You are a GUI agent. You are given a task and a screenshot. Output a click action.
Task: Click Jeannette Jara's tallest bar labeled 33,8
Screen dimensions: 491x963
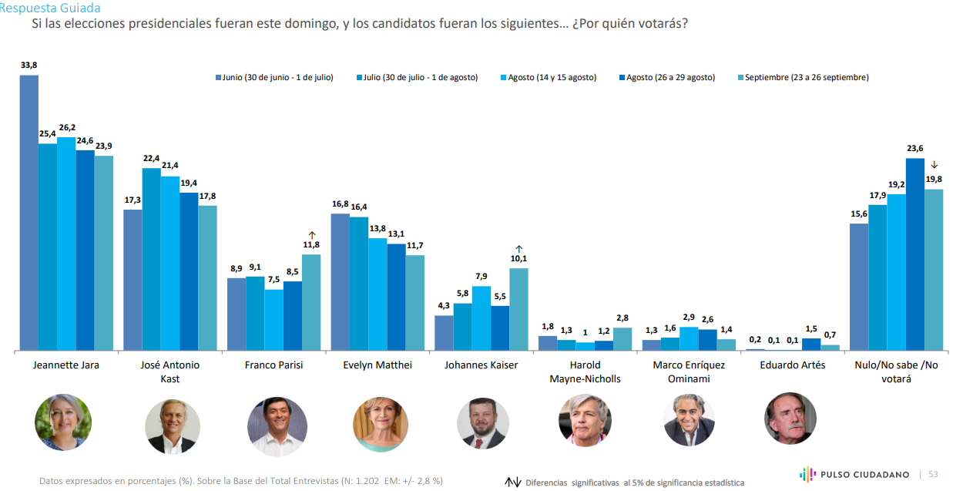click(29, 213)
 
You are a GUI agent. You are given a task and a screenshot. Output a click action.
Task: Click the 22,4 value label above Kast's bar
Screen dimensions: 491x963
click(151, 158)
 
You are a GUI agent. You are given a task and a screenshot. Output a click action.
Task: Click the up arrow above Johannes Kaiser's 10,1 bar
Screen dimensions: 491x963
click(518, 249)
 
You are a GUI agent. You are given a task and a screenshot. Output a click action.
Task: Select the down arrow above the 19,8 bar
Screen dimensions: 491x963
click(934, 164)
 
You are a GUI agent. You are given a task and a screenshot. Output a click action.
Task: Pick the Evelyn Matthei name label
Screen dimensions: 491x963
click(377, 365)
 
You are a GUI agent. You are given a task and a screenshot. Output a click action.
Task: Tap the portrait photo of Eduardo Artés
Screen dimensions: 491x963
click(790, 419)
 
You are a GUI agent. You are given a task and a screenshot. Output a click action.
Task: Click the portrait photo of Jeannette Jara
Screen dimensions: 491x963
click(63, 422)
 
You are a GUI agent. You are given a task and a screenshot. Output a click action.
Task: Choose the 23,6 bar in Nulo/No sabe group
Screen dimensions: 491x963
click(914, 254)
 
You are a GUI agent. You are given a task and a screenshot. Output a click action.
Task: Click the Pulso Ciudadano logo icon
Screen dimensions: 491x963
click(807, 474)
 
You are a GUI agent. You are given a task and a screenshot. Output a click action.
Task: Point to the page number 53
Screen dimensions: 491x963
click(932, 474)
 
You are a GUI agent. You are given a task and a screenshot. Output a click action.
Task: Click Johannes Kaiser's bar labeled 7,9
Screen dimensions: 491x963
click(481, 318)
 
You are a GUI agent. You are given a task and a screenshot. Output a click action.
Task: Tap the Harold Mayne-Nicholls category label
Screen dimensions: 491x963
click(585, 372)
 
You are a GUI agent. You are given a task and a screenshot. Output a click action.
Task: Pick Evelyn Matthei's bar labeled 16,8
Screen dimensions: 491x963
click(341, 282)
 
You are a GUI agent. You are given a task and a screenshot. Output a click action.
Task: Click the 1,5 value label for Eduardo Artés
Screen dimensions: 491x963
click(811, 328)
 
